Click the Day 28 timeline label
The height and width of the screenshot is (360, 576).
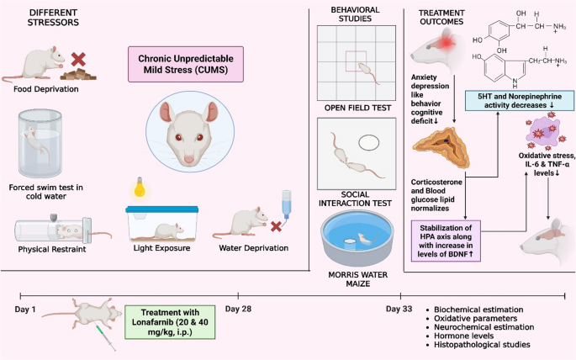(239, 309)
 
